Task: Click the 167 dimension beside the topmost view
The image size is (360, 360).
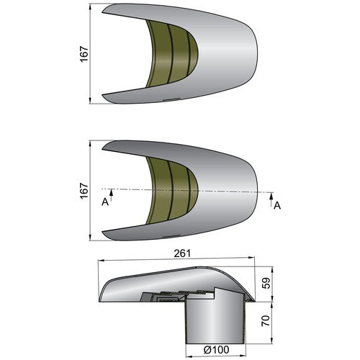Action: coord(84,54)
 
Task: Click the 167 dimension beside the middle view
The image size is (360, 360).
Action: coord(84,191)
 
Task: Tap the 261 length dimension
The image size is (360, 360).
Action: coord(182,253)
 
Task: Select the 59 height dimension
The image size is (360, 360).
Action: coord(266,283)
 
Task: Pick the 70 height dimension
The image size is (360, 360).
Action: coord(266,320)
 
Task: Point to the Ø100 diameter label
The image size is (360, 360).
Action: coord(216,350)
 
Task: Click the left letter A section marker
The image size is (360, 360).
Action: coord(105,202)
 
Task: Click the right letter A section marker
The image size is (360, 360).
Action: coord(277,205)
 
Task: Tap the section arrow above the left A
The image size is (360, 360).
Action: coord(111,195)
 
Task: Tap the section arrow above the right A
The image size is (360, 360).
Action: coord(271,199)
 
